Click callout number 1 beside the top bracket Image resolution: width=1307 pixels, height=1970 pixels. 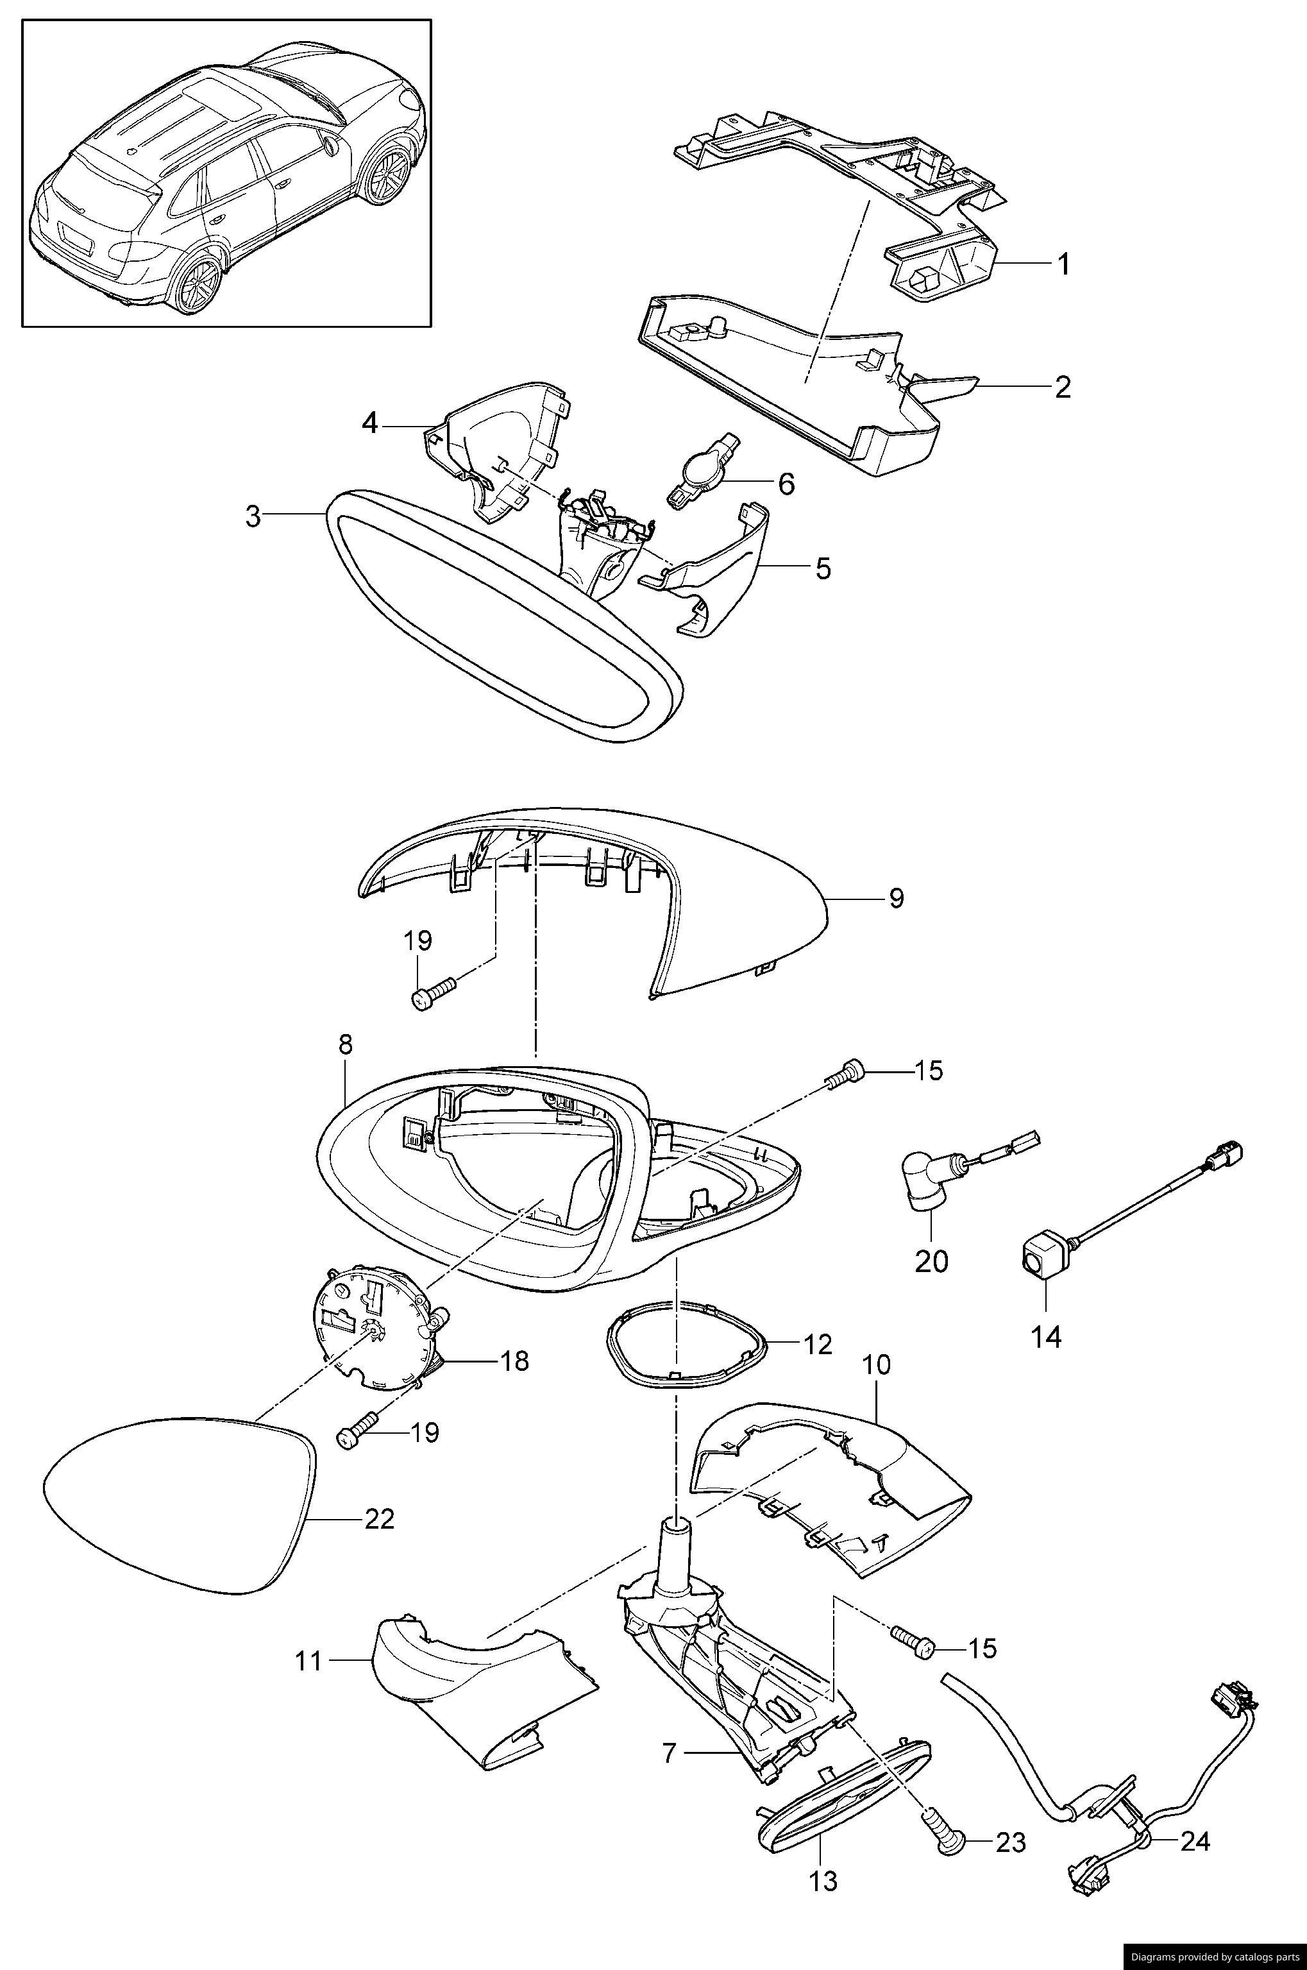pyautogui.click(x=1063, y=264)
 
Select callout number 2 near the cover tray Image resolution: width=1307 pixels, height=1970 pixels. pyautogui.click(x=1062, y=387)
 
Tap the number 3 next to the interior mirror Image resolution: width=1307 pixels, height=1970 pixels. pyautogui.click(x=253, y=517)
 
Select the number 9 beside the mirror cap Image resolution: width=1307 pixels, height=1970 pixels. pyautogui.click(x=895, y=899)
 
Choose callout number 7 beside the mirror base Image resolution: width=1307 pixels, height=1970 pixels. pyautogui.click(x=670, y=1753)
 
